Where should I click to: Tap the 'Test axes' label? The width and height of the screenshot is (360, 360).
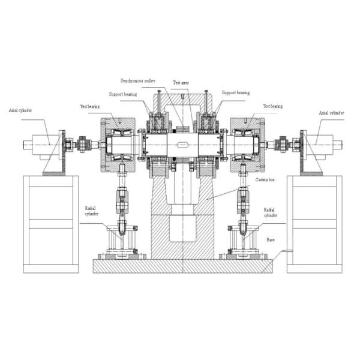182,83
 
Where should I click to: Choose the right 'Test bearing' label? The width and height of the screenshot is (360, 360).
273,106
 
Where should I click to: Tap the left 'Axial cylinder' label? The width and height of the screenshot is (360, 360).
21,111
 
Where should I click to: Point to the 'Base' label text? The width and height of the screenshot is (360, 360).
271,239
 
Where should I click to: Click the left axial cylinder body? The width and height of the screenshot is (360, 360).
40,144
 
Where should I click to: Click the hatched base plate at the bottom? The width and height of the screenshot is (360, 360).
181,265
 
